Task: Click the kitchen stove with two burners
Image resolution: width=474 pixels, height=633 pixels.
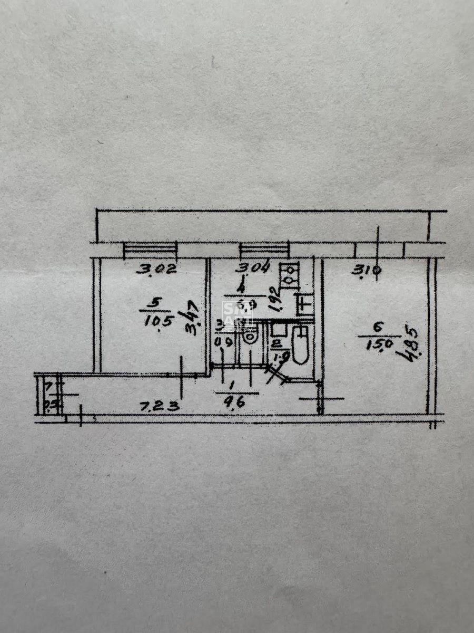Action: coord(289,275)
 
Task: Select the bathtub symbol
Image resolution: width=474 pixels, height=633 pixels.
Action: coord(300,345)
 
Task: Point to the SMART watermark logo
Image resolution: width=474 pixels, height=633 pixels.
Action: coord(238,314)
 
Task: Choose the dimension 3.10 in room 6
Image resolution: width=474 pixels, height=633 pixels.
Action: coord(367,271)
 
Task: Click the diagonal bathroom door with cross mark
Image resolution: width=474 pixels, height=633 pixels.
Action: coord(277,373)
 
